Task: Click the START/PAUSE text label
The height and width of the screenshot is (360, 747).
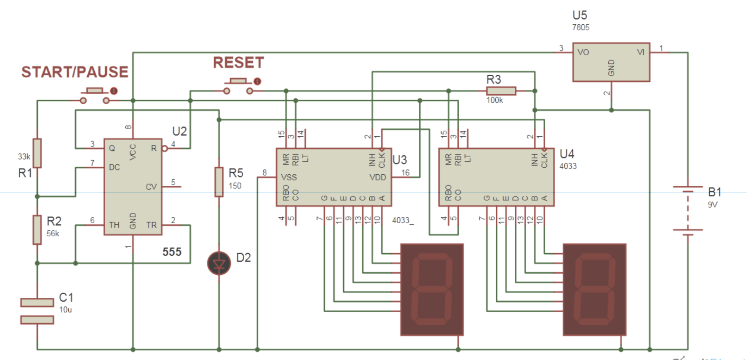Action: (x=75, y=72)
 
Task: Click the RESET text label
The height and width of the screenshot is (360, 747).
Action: (x=238, y=63)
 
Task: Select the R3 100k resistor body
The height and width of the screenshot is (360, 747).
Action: (x=501, y=91)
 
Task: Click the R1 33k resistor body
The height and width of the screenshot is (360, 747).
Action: (x=37, y=153)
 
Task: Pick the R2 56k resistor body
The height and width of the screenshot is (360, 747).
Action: (x=37, y=230)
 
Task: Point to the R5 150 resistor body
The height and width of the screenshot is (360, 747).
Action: (x=219, y=182)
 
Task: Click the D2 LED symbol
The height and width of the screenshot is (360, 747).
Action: (x=219, y=263)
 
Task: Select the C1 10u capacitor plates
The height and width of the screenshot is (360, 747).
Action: (x=37, y=311)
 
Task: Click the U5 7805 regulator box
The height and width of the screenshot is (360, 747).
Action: (x=611, y=62)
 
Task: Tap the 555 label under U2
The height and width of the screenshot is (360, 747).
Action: (x=172, y=252)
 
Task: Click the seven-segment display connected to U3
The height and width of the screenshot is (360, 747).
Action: (x=432, y=289)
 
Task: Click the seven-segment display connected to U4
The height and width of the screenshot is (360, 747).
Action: (x=595, y=289)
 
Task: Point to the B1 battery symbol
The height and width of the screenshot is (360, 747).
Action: (x=688, y=210)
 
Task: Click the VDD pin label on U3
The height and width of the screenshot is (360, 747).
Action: (x=377, y=178)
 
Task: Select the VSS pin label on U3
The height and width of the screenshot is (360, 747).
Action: (x=289, y=178)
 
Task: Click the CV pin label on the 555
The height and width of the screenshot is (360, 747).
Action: (x=151, y=187)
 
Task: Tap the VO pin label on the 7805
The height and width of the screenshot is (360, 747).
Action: (x=583, y=52)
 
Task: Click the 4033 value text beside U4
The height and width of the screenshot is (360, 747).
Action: (x=568, y=166)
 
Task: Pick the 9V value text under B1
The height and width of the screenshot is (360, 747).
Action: (x=713, y=205)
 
